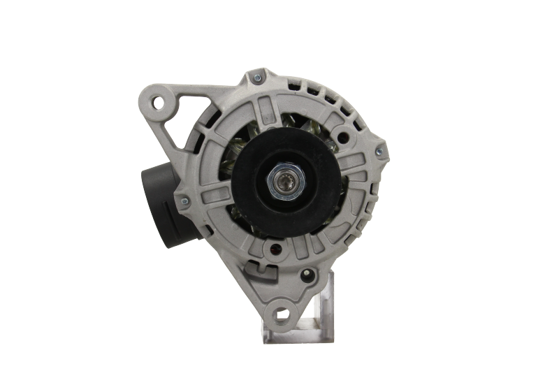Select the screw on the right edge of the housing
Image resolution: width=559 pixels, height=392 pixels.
(x=380, y=148)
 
